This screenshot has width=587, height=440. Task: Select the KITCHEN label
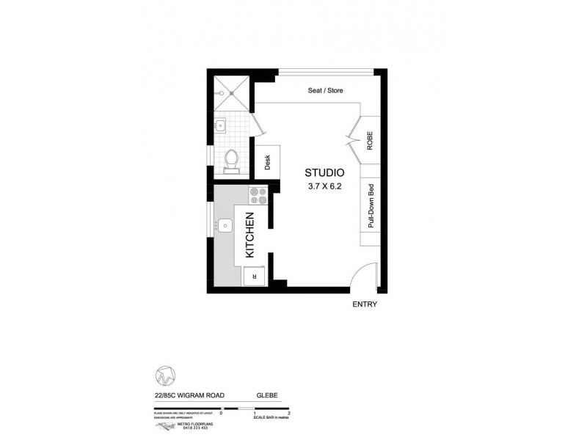249,235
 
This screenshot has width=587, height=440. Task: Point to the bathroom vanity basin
221,126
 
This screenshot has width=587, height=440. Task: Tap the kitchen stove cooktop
258,196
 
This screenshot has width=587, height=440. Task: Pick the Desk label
268,162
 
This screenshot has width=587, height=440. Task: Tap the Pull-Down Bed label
371,206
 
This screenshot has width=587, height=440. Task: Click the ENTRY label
365,304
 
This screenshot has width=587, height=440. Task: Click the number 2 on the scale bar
291,414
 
